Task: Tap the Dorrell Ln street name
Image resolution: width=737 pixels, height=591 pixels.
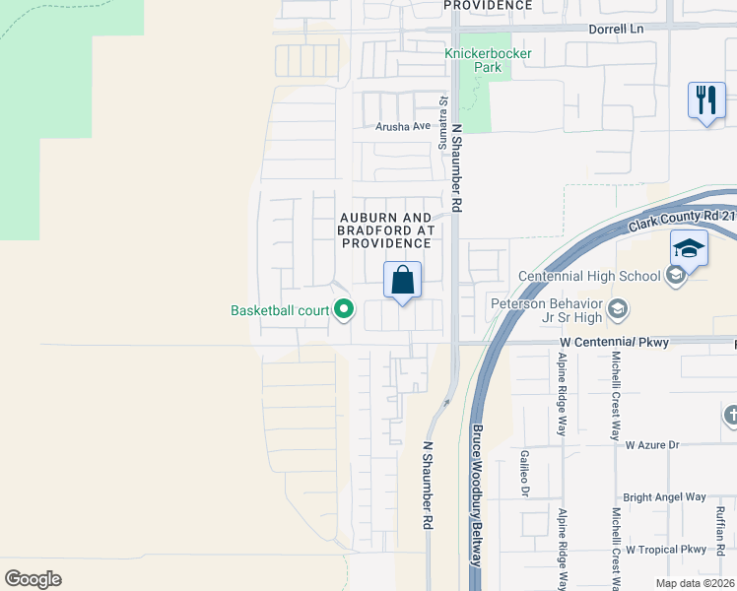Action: tap(617, 30)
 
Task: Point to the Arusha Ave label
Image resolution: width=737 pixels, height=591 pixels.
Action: tap(403, 126)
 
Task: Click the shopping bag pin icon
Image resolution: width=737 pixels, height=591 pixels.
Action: tap(402, 281)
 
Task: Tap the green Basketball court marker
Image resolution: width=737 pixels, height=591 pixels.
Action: tap(343, 310)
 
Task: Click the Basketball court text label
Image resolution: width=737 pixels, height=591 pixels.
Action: tap(280, 310)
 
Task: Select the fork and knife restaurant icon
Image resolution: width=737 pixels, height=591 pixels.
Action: tap(706, 100)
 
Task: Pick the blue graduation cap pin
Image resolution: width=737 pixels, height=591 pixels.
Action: tap(689, 249)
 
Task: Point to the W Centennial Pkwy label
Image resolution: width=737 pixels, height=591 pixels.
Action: tap(614, 343)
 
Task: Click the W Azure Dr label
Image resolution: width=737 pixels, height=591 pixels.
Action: tap(652, 445)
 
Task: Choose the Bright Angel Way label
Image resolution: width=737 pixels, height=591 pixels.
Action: tap(664, 497)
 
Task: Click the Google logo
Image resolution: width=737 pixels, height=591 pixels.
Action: tap(33, 579)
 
